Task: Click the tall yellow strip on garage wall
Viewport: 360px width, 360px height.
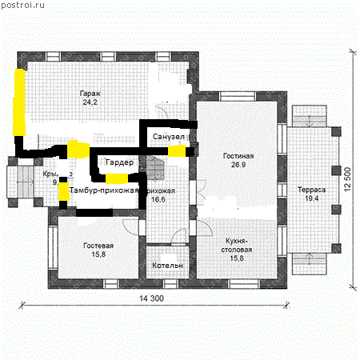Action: (18, 102)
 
